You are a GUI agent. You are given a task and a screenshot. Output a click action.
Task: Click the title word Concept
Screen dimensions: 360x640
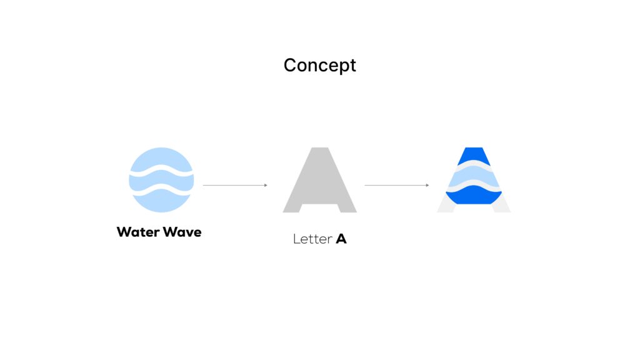[319, 65]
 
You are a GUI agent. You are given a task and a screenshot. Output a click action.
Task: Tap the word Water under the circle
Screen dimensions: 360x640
[137, 232]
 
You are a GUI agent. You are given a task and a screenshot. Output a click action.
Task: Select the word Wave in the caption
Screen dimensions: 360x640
[182, 232]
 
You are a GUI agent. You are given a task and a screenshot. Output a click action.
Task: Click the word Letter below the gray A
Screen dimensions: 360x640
[312, 239]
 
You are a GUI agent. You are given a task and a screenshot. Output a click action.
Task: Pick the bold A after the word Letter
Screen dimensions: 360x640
[341, 239]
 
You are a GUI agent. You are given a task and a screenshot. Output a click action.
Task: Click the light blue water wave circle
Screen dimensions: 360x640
[161, 180]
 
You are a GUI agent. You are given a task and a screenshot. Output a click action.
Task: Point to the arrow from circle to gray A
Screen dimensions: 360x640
[234, 185]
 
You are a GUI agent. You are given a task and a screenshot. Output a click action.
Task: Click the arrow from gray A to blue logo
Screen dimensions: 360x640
[396, 185]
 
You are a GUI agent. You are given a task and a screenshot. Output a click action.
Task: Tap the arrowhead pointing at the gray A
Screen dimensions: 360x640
[266, 185]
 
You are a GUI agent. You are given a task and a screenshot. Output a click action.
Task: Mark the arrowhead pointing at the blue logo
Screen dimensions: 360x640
[427, 185]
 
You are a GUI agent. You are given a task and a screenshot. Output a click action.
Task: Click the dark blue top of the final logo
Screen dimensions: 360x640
[474, 154]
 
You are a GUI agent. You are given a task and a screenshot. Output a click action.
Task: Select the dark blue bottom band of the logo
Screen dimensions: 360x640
[474, 197]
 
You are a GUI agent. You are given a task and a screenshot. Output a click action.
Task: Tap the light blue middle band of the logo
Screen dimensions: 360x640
[474, 178]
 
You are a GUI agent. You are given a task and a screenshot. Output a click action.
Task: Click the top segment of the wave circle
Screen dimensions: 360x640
[161, 158]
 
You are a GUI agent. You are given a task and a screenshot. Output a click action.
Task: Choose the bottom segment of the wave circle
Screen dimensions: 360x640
[161, 201]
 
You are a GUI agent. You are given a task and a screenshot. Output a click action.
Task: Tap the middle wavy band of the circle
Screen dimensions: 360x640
[161, 180]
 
